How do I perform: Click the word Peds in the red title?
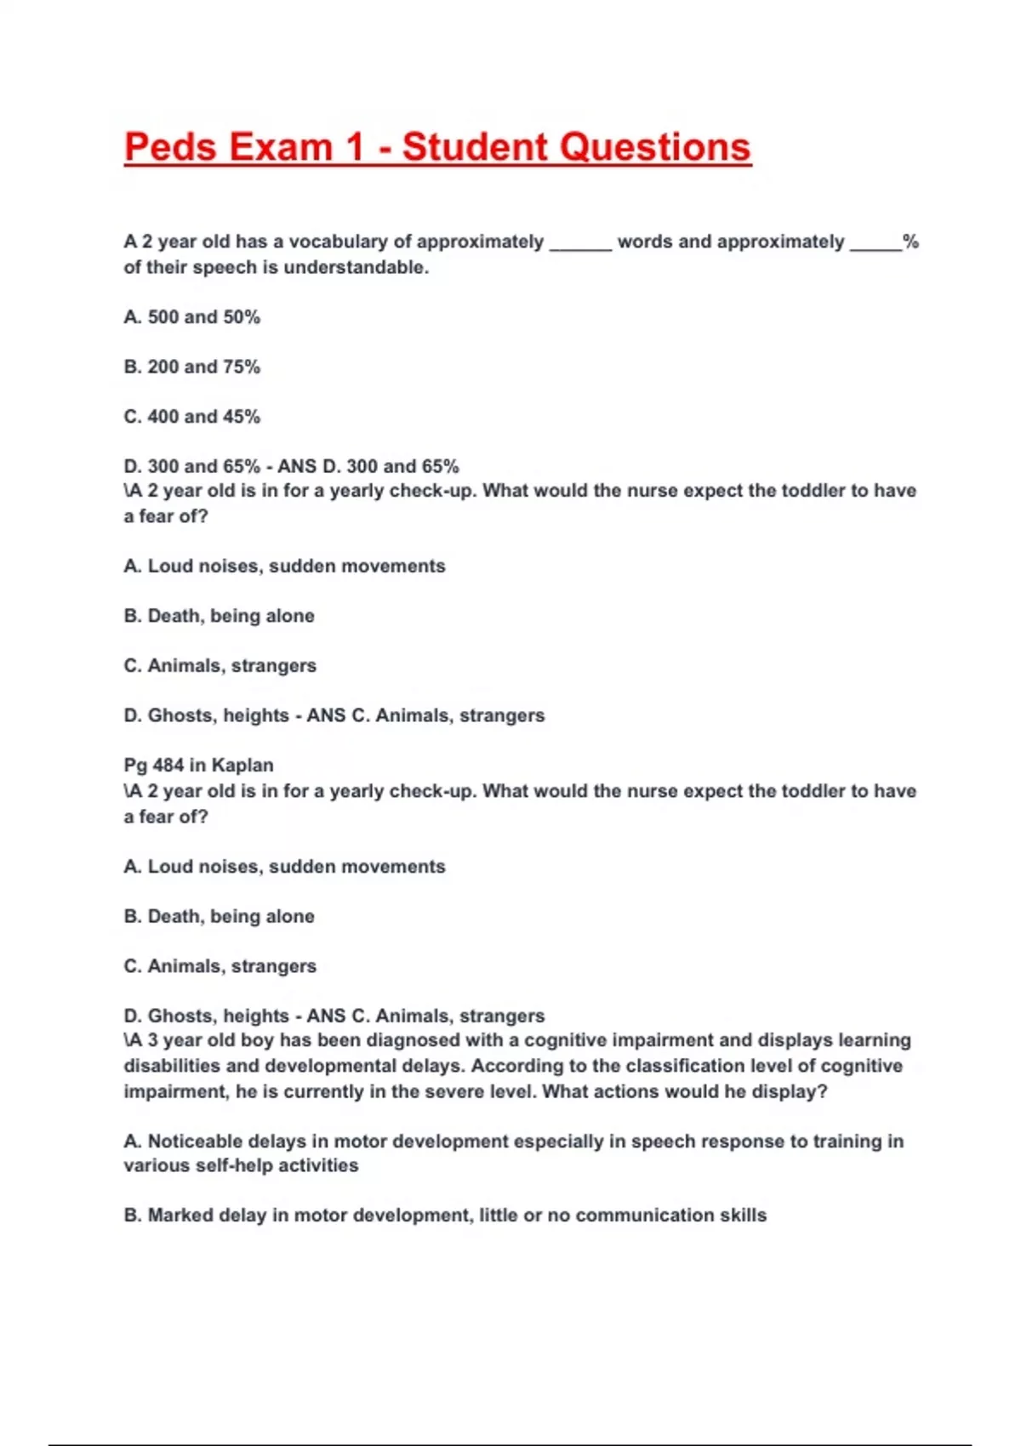(x=170, y=147)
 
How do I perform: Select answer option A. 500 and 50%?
(x=191, y=317)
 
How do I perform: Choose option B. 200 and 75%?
(x=191, y=367)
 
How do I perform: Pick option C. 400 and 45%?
(x=191, y=417)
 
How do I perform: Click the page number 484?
(x=168, y=765)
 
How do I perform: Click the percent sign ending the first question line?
(x=910, y=242)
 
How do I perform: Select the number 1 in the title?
(x=355, y=147)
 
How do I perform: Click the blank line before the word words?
(x=581, y=247)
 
